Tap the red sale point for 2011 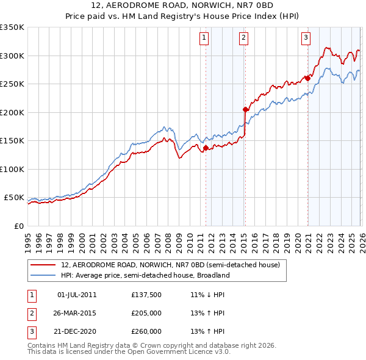pos(206,148)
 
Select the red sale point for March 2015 pos(245,110)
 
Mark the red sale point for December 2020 pos(308,78)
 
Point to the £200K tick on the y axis pos(12,112)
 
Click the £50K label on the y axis pos(15,198)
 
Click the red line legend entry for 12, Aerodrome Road pos(170,265)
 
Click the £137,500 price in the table pos(146,295)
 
